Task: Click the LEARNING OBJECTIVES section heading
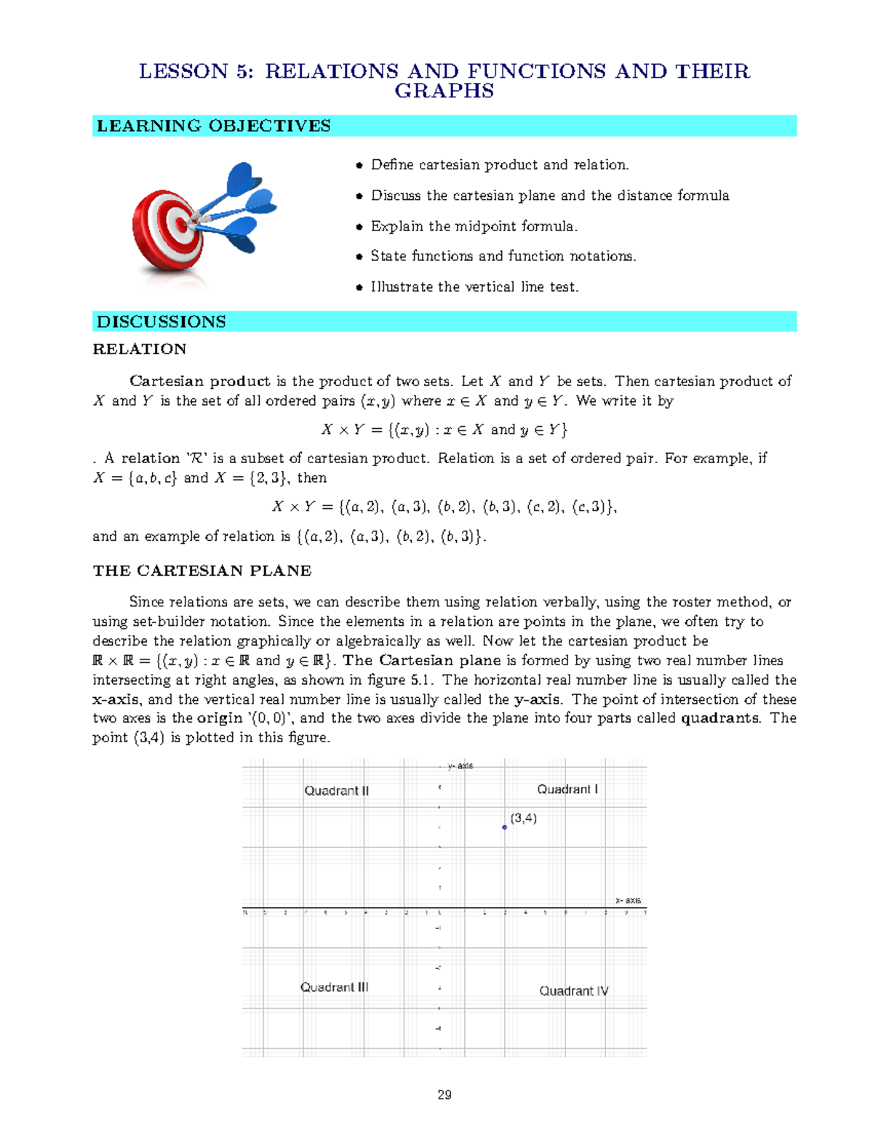tap(213, 126)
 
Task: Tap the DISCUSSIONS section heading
tap(161, 321)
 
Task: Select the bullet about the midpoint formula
tap(474, 226)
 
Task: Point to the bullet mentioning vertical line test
tap(474, 286)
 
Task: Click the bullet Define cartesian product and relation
tap(499, 165)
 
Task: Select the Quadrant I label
tap(567, 789)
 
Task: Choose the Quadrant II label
tap(336, 790)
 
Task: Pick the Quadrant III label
tap(334, 987)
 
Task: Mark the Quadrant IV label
tap(573, 990)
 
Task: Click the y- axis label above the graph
tap(460, 766)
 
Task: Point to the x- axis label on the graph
tap(628, 900)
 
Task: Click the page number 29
tap(445, 1095)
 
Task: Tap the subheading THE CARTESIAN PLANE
tap(202, 571)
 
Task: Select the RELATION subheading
tap(139, 349)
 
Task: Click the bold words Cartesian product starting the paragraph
tap(199, 381)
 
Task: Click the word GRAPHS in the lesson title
tap(444, 91)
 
